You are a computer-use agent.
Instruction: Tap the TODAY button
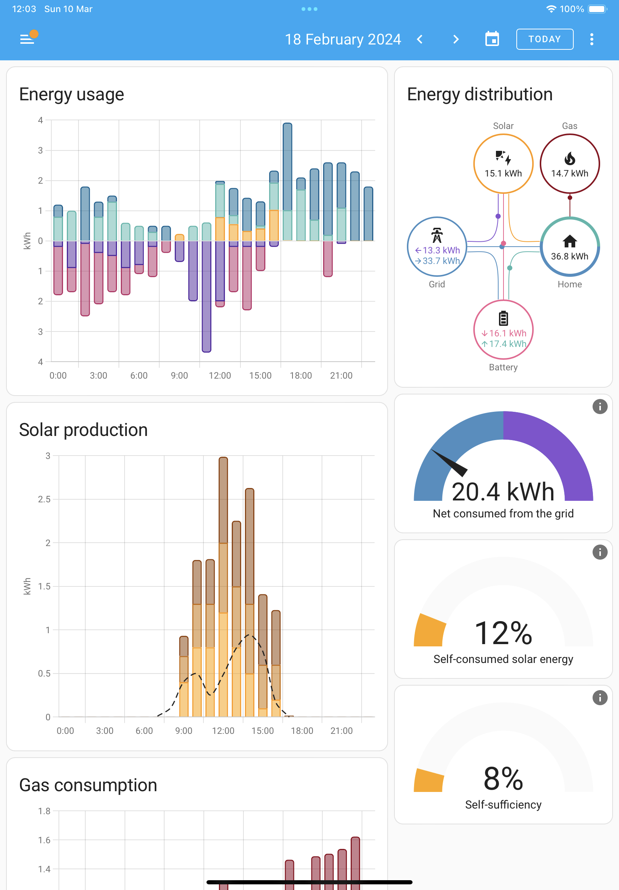point(545,39)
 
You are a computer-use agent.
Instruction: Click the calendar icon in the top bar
point(492,39)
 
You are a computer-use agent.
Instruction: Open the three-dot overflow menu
point(591,39)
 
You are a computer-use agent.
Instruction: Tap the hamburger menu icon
point(27,39)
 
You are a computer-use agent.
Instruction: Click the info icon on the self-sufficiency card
point(600,697)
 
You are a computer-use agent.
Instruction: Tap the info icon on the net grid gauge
point(600,407)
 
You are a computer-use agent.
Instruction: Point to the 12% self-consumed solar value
point(503,633)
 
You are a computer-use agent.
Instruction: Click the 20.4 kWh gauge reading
point(503,492)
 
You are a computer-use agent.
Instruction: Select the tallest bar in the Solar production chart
point(223,587)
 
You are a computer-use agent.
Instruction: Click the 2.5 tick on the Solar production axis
point(44,499)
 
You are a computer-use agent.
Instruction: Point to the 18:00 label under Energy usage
point(300,376)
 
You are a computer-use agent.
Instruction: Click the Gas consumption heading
point(88,785)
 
